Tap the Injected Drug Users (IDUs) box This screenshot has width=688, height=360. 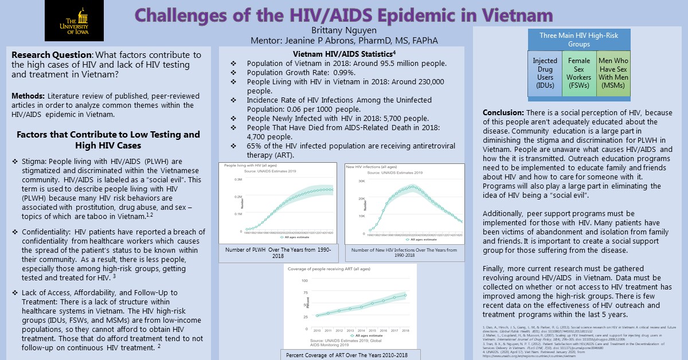pos(545,72)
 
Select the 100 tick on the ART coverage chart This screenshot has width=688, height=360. pos(304,281)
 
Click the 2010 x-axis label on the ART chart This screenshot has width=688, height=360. pos(316,331)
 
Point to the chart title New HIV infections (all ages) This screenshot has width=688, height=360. pos(370,167)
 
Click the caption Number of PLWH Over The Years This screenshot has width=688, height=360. pos(277,253)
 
